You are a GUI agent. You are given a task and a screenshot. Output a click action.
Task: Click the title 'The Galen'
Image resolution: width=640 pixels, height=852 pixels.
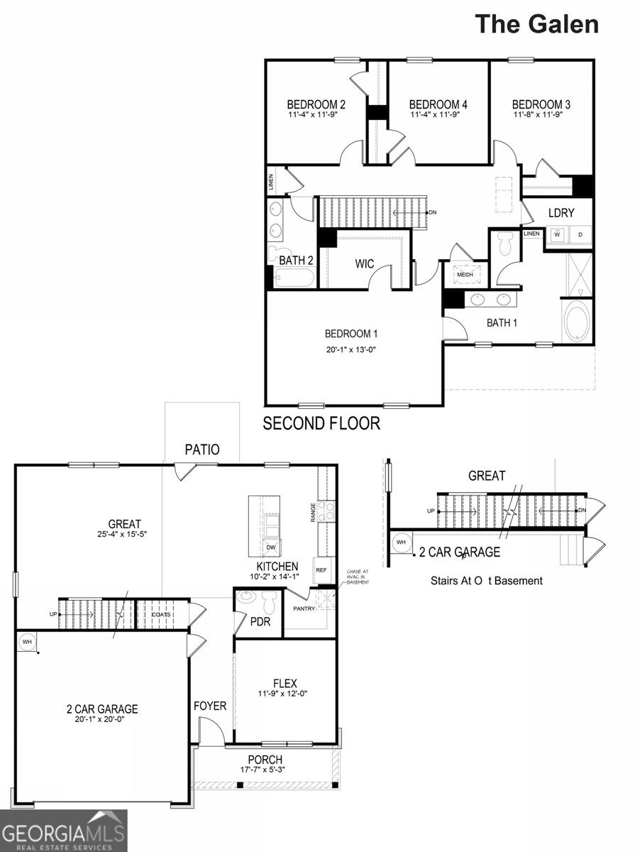[536, 23]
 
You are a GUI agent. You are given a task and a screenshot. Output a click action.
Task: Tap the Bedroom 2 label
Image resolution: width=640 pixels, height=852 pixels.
[307, 104]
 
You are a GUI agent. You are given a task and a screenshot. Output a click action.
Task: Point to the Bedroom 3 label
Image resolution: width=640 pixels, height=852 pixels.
[541, 104]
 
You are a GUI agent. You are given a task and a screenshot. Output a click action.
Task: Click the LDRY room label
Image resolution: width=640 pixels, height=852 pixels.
[561, 213]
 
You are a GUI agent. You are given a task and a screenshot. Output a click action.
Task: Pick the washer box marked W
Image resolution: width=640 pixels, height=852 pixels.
[557, 234]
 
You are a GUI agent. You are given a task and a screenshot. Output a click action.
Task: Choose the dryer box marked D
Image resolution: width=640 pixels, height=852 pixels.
[580, 234]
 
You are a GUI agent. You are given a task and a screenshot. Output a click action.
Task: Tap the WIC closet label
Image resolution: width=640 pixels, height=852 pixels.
[364, 264]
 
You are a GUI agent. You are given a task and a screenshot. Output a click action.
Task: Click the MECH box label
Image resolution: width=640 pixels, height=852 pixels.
[465, 275]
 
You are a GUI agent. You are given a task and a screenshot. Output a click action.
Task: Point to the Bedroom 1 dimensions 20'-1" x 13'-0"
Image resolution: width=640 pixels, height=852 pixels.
[351, 349]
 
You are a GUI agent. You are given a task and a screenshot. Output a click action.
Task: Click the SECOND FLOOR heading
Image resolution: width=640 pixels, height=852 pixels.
[321, 424]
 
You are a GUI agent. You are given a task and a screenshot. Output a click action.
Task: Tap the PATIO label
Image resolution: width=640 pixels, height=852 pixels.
[202, 449]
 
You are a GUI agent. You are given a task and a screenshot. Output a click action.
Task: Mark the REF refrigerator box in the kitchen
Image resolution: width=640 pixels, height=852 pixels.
[321, 570]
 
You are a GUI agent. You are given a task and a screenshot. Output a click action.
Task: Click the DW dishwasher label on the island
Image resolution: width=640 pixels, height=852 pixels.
[271, 547]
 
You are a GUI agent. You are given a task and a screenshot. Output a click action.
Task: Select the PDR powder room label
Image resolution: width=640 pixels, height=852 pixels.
[258, 621]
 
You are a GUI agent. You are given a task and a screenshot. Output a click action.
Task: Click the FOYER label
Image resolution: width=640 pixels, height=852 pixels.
[210, 706]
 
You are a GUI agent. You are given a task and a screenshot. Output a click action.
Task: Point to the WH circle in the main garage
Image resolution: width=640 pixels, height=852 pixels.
[28, 643]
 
